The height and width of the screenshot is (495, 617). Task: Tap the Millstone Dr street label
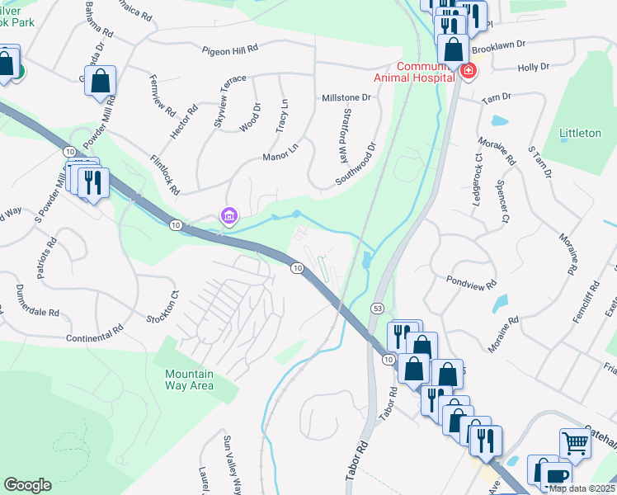346,97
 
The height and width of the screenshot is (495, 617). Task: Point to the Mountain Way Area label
190,379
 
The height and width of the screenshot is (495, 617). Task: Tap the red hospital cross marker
468,72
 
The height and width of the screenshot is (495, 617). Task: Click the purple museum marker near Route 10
228,217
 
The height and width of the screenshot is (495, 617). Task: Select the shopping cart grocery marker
576,443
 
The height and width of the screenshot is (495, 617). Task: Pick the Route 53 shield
377,307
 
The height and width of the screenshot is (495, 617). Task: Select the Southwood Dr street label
356,164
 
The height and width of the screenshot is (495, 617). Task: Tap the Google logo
27,485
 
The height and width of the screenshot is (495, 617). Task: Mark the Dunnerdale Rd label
37,302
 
